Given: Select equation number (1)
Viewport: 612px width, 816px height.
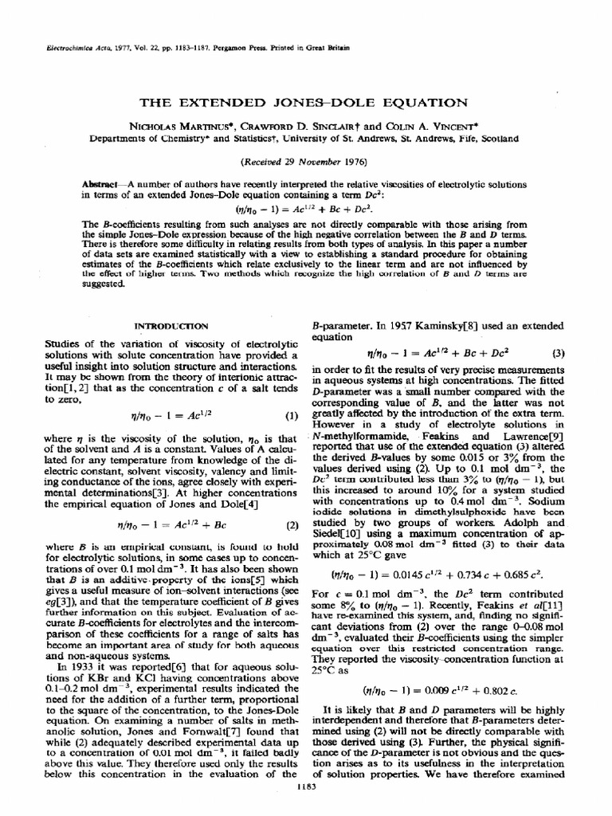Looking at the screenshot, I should point(291,415).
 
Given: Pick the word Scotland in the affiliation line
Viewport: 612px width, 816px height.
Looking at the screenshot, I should point(498,137).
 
